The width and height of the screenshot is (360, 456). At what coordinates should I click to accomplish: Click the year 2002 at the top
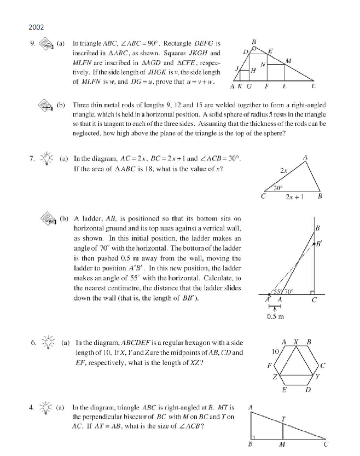[x=37, y=26]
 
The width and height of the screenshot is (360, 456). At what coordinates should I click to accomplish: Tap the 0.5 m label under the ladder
[x=274, y=316]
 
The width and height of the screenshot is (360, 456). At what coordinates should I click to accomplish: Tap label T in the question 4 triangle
[x=283, y=419]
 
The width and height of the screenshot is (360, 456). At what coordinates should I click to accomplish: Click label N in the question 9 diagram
[x=263, y=64]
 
